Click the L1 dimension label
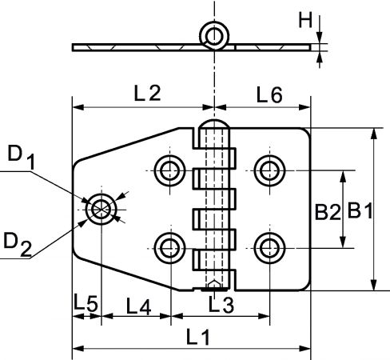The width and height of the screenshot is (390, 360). point(198,337)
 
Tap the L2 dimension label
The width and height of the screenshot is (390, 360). point(147,93)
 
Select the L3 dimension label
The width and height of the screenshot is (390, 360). point(221,305)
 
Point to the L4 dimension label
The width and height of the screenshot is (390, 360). point(138,306)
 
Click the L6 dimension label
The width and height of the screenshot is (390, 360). point(269,94)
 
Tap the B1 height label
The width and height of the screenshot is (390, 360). point(360,210)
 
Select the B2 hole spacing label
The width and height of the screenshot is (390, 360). point(328,212)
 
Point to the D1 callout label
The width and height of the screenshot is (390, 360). point(22,157)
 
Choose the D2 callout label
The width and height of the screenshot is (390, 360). point(18,244)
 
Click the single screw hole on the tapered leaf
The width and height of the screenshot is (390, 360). point(101,210)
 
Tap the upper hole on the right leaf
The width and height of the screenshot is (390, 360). point(269,170)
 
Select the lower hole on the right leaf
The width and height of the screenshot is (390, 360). point(269,248)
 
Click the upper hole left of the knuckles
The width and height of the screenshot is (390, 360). point(170,170)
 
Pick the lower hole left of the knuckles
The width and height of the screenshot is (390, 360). point(170,248)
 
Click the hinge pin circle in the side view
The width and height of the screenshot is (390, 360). point(214,36)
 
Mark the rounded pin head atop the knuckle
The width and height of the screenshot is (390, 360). point(215,124)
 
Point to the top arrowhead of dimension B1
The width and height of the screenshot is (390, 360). point(374,134)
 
